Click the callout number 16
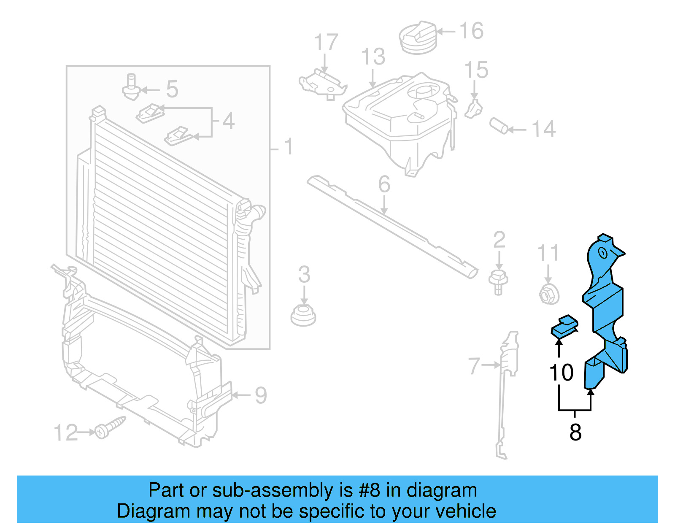[x=471, y=31]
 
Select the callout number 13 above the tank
[x=373, y=57]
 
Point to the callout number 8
[x=575, y=432]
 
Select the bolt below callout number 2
[x=498, y=282]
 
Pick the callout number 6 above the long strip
[x=384, y=184]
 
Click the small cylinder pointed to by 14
[x=499, y=125]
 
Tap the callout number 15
[x=476, y=70]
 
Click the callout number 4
[x=228, y=122]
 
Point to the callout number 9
[x=261, y=396]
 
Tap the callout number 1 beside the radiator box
[x=288, y=147]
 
